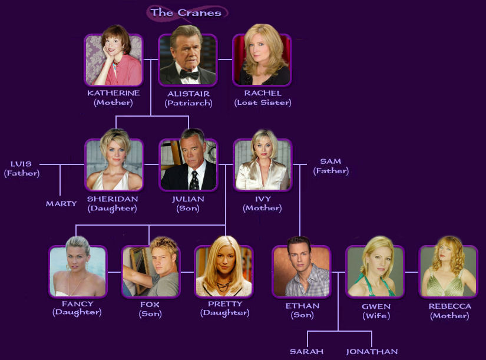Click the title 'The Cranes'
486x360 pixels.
point(186,12)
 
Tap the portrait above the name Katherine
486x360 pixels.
point(114,60)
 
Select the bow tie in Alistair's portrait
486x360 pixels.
point(188,75)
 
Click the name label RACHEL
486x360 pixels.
point(262,93)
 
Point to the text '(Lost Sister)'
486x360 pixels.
point(263,103)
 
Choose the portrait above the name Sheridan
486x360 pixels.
point(114,164)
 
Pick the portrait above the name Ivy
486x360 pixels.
point(262,164)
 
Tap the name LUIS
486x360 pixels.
point(21,164)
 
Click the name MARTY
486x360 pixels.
point(61,204)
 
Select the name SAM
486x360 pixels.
point(330,161)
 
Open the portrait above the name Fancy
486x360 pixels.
point(78,271)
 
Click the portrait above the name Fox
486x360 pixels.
point(150,271)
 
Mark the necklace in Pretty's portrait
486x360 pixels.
point(223,287)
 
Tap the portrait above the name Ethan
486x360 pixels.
point(300,271)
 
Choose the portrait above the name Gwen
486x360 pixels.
point(375,271)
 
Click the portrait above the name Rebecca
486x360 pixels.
point(448,271)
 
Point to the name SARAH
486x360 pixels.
point(306,352)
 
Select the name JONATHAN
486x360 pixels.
point(372,352)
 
